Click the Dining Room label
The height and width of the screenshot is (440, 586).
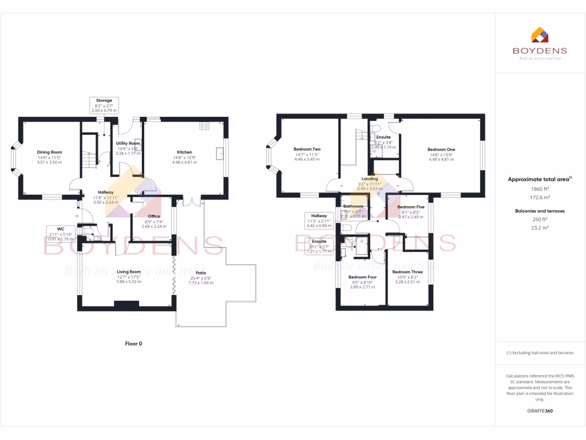(49, 152)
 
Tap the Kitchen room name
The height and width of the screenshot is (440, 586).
(184, 152)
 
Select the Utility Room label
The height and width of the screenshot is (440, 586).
(128, 143)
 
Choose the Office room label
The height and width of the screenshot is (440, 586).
(154, 200)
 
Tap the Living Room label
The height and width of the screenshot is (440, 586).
(129, 272)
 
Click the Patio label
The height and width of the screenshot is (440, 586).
(201, 273)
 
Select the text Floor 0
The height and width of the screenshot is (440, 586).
(133, 344)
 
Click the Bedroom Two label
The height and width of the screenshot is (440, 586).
(307, 149)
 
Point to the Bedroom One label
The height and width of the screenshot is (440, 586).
(441, 149)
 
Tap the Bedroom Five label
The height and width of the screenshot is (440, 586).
(411, 207)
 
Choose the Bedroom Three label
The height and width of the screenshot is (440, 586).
(407, 272)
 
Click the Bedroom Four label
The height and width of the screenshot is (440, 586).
(362, 277)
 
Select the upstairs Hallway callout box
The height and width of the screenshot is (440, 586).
(319, 219)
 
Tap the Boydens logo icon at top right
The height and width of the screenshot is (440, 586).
(540, 35)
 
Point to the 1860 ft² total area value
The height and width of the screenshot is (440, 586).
(540, 188)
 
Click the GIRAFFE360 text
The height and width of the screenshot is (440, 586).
(540, 411)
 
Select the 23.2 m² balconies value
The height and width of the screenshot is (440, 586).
(540, 228)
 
